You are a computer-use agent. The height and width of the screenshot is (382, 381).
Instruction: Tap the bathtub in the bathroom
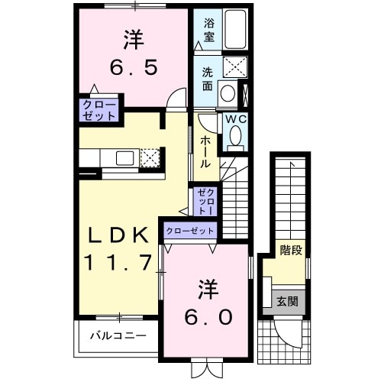tap(236, 31)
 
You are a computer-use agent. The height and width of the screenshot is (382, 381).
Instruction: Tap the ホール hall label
tap(205, 151)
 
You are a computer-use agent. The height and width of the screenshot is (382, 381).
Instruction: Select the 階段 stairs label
tap(291, 250)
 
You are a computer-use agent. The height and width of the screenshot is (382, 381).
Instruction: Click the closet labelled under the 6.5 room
tap(101, 111)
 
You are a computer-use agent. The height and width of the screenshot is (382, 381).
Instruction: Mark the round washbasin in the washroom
tap(227, 92)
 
